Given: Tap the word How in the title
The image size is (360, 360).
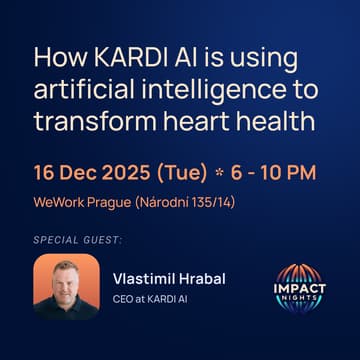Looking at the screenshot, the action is (x=60, y=59).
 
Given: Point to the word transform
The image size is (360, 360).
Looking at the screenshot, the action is (x=95, y=121).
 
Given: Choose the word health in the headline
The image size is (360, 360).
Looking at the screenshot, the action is (x=275, y=121).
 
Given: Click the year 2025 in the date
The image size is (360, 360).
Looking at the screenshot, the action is (x=130, y=173).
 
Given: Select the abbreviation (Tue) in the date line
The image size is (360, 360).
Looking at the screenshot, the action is (x=183, y=174).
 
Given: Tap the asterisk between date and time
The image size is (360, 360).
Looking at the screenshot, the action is (x=218, y=173).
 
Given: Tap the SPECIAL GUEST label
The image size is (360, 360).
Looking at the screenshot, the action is (x=78, y=240).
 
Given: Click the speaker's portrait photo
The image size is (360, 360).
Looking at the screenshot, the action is (x=67, y=287).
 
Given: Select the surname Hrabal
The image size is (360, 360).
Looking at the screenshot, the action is (x=202, y=279).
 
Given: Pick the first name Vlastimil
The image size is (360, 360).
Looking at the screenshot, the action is (x=144, y=279).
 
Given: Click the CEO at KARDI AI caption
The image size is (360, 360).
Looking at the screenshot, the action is (x=150, y=299).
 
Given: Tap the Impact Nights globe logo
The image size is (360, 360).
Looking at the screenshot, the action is (x=299, y=288).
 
